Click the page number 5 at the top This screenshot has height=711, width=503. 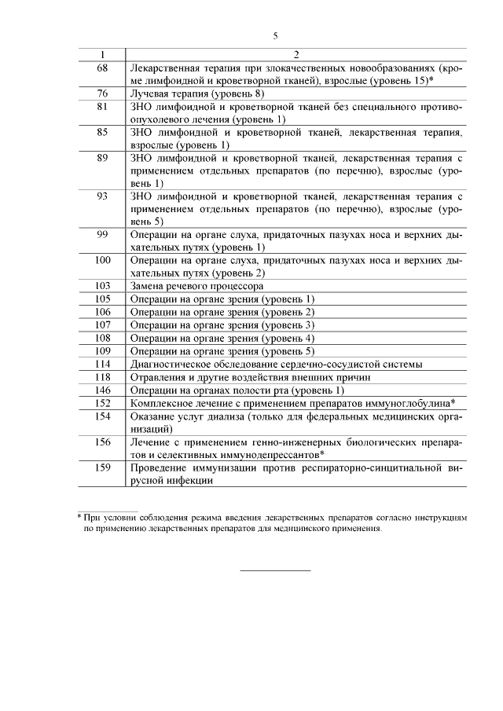click(275, 35)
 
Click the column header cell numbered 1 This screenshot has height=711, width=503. click(102, 54)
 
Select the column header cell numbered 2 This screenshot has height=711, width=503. click(296, 54)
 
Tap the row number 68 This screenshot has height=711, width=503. click(102, 68)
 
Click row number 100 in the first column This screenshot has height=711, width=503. click(102, 260)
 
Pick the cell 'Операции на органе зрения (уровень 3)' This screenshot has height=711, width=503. click(222, 324)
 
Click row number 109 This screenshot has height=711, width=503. click(102, 350)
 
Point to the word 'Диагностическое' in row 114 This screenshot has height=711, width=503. click(172, 364)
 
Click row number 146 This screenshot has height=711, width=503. click(102, 390)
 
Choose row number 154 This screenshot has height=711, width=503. click(102, 416)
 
